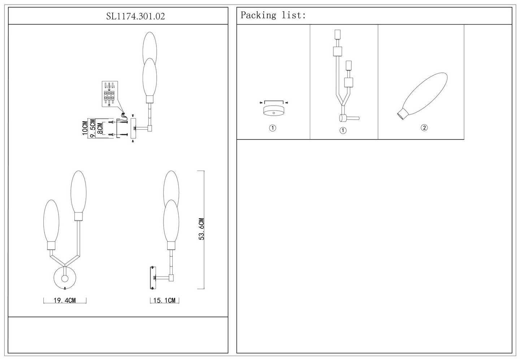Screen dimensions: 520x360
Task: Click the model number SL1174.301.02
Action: click(x=135, y=16)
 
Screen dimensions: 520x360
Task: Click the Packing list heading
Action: click(x=273, y=15)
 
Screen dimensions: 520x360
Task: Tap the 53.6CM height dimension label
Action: click(x=201, y=229)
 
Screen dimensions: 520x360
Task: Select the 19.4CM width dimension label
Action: click(x=65, y=300)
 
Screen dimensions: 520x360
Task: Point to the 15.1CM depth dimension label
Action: click(x=164, y=300)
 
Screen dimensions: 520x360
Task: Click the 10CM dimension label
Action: click(x=85, y=128)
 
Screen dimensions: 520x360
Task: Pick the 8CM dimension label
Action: click(x=100, y=129)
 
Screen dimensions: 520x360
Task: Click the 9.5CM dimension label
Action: click(x=92, y=129)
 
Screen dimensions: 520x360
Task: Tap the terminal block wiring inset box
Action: click(x=110, y=94)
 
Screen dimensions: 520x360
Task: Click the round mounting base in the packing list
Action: click(x=274, y=111)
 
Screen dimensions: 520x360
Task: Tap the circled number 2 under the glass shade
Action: click(x=424, y=128)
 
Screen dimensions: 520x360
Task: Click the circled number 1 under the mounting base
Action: click(x=273, y=128)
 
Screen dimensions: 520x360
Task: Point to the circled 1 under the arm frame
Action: click(x=343, y=130)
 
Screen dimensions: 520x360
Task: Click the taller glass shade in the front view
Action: click(x=78, y=192)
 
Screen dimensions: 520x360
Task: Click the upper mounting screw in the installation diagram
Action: click(x=120, y=122)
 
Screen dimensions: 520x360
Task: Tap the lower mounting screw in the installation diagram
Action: click(x=120, y=134)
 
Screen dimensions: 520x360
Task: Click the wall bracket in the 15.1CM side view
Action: click(x=153, y=278)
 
